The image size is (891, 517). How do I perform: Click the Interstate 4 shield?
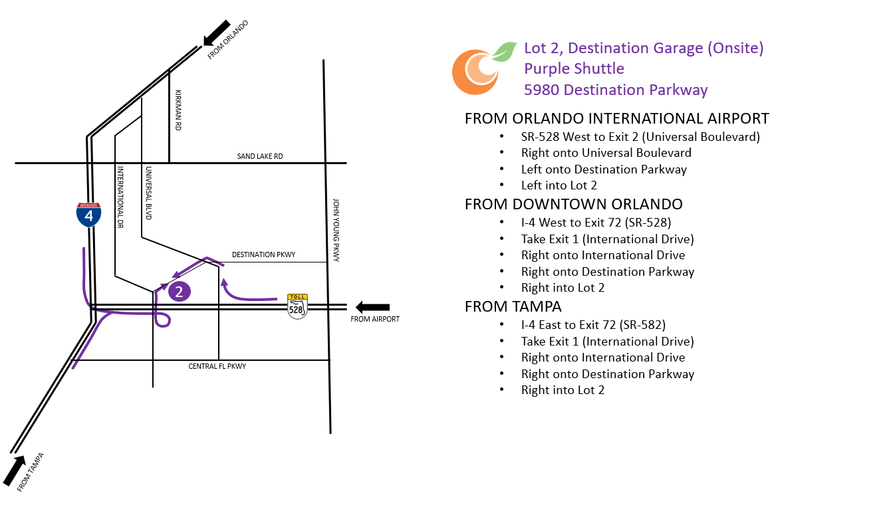tap(88, 214)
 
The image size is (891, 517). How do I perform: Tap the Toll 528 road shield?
tap(297, 306)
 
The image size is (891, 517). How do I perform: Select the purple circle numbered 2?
tap(179, 291)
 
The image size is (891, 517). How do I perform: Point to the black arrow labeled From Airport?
tap(372, 307)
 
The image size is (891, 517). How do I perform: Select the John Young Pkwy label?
tap(336, 230)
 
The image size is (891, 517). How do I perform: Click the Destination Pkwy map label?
tap(263, 255)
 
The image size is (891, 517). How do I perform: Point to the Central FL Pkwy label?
tap(217, 366)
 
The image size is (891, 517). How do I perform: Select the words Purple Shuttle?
tap(574, 68)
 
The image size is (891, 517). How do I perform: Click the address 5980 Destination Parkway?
tap(616, 90)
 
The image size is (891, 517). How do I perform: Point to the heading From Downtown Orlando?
tap(573, 204)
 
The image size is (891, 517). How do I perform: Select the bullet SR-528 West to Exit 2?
tap(640, 136)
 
